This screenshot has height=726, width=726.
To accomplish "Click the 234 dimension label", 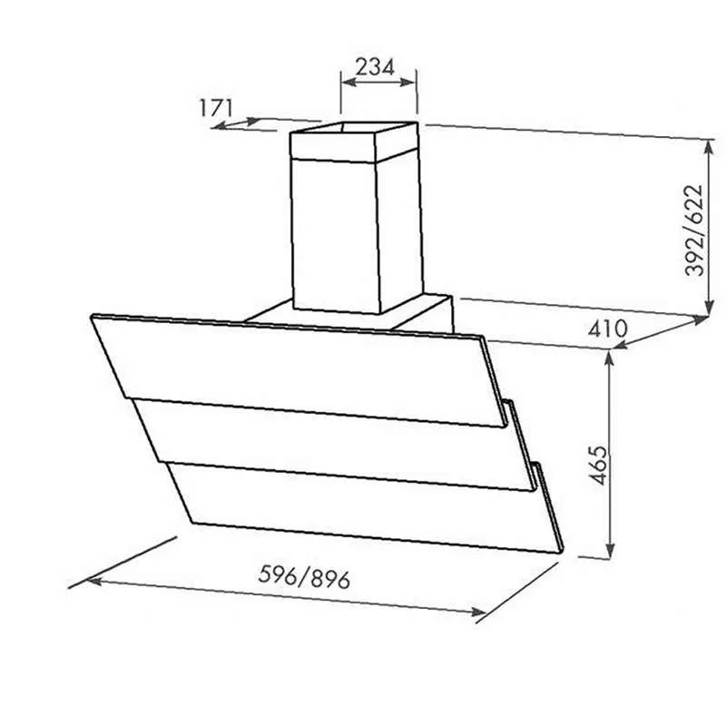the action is [375, 66].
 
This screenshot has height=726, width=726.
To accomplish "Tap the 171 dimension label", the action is [216, 108].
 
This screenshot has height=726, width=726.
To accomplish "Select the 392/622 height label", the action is [694, 231].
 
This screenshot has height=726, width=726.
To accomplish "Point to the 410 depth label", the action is [607, 329].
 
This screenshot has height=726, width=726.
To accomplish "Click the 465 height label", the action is [599, 465].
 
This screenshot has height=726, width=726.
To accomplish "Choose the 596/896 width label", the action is [304, 577].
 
